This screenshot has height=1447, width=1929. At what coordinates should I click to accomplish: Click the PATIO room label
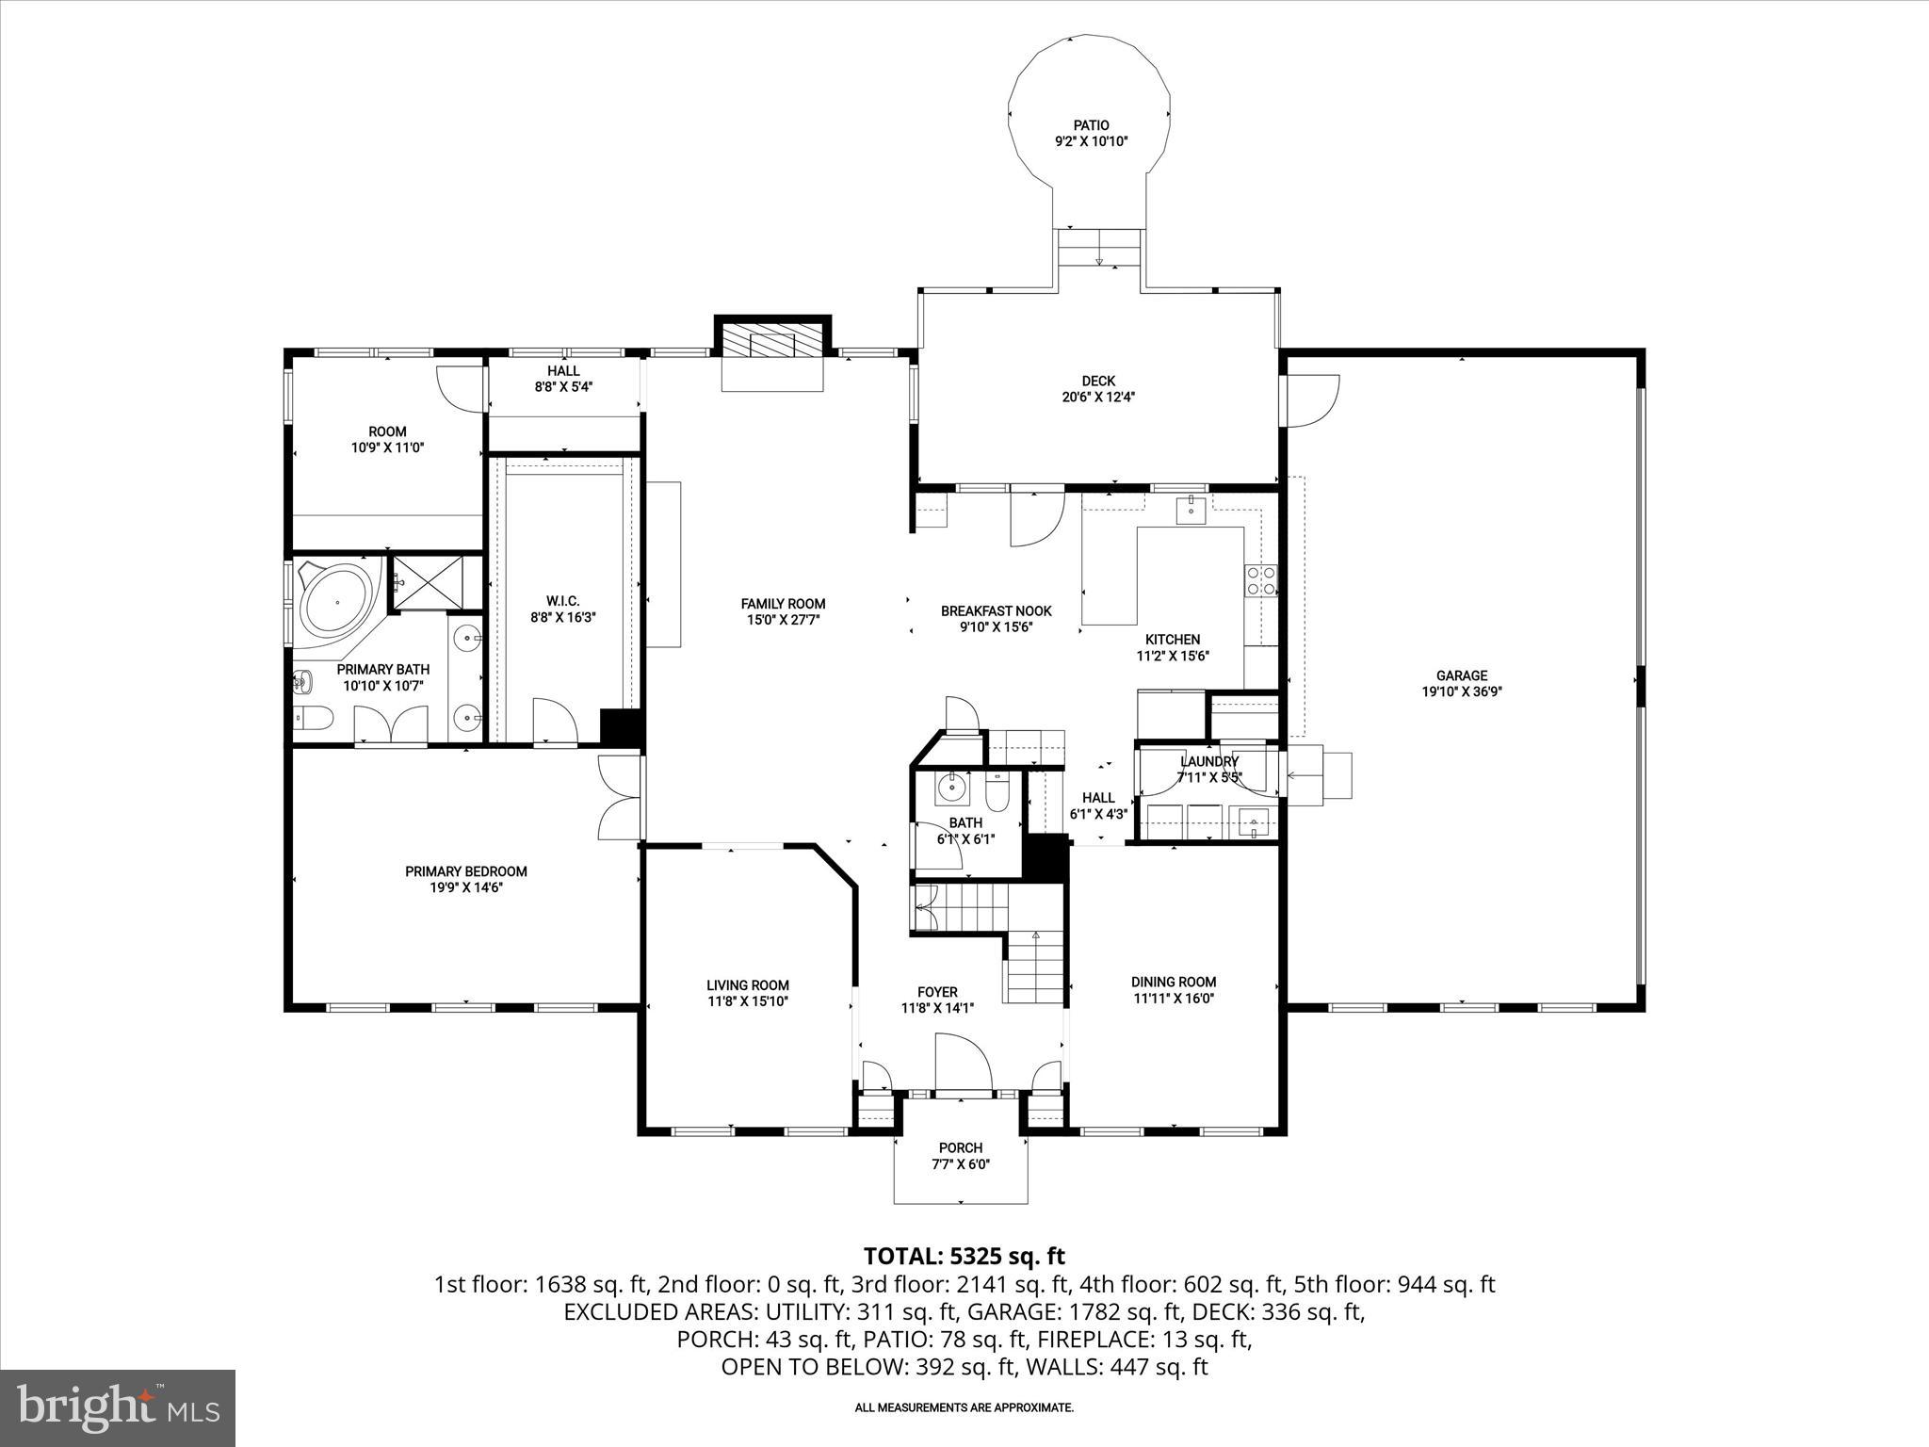click(1091, 125)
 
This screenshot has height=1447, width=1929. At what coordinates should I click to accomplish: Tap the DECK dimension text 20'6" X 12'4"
click(1098, 397)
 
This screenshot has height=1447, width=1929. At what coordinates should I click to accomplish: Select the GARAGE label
click(1461, 675)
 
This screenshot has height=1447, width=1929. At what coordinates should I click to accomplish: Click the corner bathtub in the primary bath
click(334, 600)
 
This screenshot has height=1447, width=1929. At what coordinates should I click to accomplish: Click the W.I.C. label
click(562, 601)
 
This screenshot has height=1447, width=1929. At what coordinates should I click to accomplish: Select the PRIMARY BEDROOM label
click(465, 871)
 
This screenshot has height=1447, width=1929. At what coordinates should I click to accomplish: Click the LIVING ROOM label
click(748, 985)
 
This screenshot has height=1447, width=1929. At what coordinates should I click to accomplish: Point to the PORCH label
click(960, 1147)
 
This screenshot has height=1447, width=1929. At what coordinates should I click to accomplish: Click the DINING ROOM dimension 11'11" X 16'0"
click(1174, 998)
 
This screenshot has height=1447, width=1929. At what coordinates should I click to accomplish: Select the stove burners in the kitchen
click(1261, 580)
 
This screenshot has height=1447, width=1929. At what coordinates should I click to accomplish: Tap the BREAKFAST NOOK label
click(996, 610)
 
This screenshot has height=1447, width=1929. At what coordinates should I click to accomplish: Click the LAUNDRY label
click(1209, 761)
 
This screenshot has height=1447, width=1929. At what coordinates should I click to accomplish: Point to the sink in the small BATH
click(953, 787)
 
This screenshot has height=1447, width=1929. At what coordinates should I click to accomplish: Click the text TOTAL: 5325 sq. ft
click(964, 1256)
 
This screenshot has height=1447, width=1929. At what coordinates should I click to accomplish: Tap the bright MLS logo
click(118, 1407)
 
